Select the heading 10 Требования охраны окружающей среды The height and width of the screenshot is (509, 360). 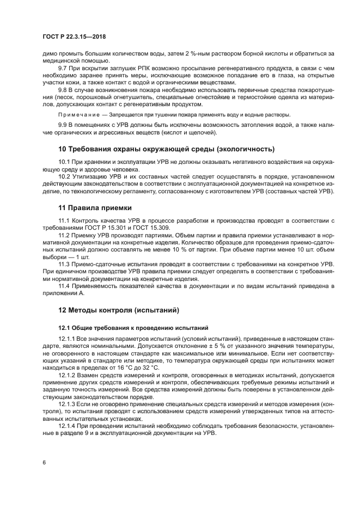tap(166, 149)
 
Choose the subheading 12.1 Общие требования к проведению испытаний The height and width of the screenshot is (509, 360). tap(133, 328)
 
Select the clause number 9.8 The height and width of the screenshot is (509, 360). tap(63, 89)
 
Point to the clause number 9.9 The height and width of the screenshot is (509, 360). tap(63, 125)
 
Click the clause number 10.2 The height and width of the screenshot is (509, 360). tap(65, 176)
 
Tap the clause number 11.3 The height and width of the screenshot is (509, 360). tap(65, 263)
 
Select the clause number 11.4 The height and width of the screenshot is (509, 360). tap(65, 285)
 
